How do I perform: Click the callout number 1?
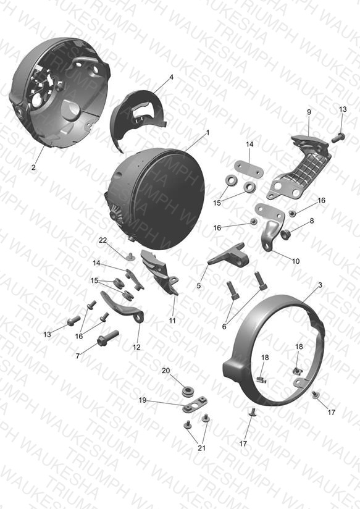coord(207,133)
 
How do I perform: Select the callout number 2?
coord(34,168)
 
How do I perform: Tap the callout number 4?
coord(172,77)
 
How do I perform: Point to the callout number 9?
coord(309,112)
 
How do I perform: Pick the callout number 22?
coord(103,240)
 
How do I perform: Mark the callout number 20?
coord(166,371)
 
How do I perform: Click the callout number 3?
coord(320,285)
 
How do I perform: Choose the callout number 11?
coord(172,321)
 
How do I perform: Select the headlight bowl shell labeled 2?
coord(59,94)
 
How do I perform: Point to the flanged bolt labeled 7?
coord(108,338)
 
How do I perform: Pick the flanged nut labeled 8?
coord(286,233)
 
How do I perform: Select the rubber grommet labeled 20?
coord(187,392)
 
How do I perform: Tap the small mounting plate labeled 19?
coord(195,404)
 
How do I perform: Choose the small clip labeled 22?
coord(131,257)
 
